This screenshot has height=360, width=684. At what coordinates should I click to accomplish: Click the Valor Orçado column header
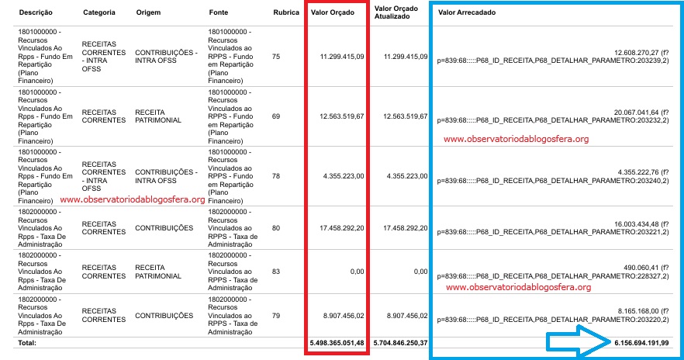[333, 14]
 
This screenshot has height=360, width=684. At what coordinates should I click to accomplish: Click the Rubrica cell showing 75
[277, 56]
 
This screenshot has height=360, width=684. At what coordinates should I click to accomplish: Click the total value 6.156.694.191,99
[643, 342]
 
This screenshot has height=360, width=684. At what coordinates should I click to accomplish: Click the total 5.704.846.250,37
[400, 342]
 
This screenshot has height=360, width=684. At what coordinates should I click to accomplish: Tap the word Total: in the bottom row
[28, 342]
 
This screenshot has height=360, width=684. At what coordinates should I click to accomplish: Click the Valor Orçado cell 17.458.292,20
[342, 229]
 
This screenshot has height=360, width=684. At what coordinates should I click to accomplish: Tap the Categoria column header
[99, 14]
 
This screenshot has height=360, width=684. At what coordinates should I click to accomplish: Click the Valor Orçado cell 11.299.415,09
[342, 56]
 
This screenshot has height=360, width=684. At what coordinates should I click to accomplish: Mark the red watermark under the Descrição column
[132, 199]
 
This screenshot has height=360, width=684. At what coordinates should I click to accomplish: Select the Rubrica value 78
[277, 176]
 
